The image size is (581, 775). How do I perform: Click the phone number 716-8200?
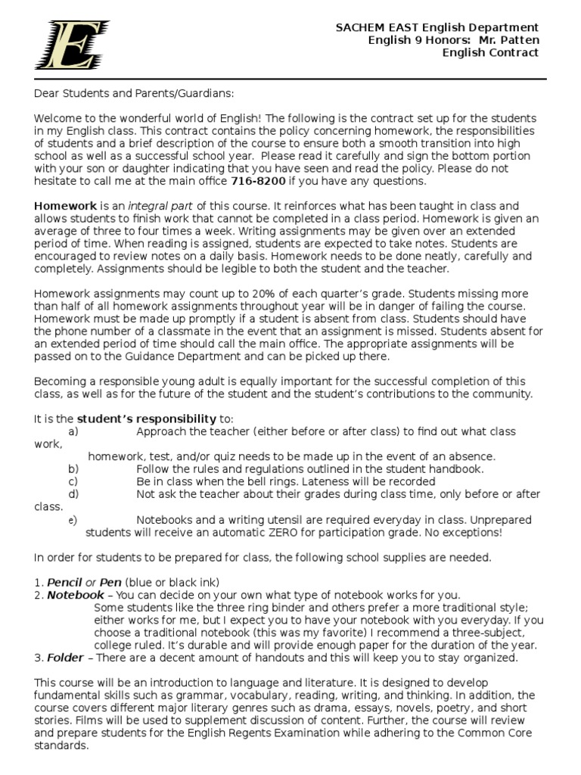[256, 181]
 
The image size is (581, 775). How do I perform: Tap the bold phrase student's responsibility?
[147, 419]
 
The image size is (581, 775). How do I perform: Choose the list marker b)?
[73, 468]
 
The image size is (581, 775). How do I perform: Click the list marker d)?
[73, 493]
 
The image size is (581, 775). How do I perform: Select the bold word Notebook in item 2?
[76, 595]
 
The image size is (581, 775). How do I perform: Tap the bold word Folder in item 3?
[64, 657]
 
